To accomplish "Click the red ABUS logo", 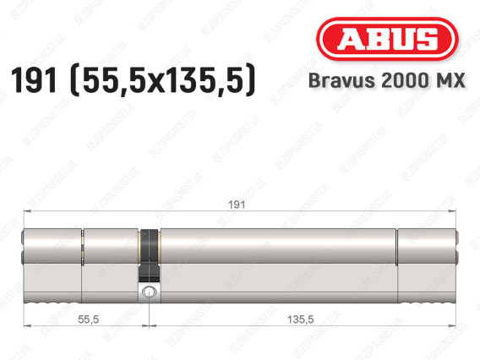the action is [x=387, y=39].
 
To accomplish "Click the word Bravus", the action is [x=341, y=80].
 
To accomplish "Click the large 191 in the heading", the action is [x=34, y=80].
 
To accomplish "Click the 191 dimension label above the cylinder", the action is [x=237, y=205].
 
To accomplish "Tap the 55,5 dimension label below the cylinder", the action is [x=88, y=319].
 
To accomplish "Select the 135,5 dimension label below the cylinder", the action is [x=300, y=319].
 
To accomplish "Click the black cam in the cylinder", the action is [x=149, y=255].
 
